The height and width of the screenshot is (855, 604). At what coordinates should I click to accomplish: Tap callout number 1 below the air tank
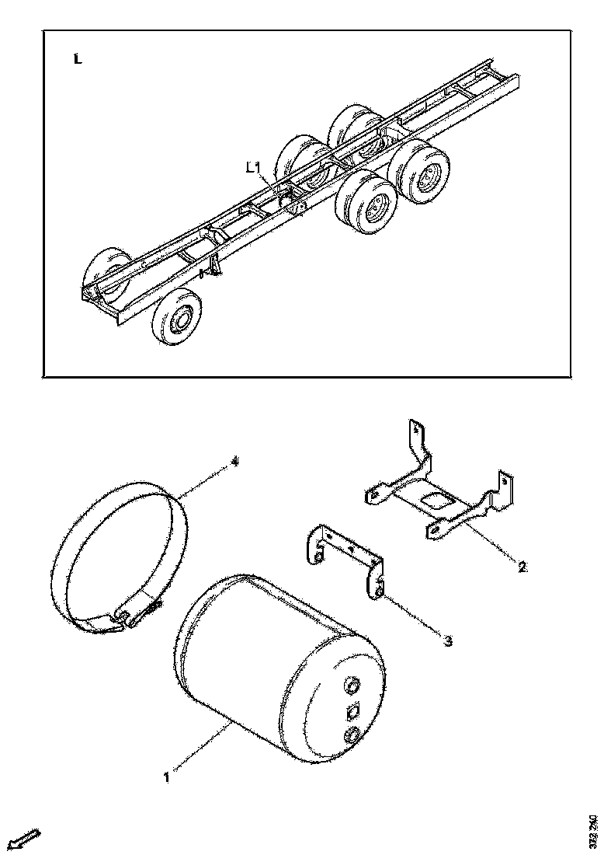pos(166,775)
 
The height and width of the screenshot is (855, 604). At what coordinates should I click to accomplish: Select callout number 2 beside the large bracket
pos(522,567)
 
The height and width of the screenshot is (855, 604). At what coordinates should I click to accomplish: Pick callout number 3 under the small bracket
pos(448,640)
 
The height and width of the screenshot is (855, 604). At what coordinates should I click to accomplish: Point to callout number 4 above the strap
pos(235,462)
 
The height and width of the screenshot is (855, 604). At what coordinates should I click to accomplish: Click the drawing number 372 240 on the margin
pos(594,832)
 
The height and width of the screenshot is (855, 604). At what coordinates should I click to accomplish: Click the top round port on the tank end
pos(352,686)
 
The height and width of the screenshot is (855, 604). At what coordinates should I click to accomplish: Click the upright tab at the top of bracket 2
pos(417,439)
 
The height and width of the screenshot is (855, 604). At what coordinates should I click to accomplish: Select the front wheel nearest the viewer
pos(177,316)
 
